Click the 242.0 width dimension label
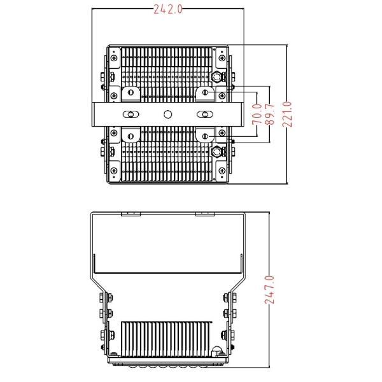(x=168, y=10)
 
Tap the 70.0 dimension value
(x=257, y=114)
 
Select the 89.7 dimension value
(x=269, y=114)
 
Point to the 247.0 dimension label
(x=269, y=290)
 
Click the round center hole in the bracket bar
(x=168, y=114)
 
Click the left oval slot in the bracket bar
(x=131, y=114)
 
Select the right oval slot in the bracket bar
(x=205, y=114)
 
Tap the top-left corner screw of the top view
(x=114, y=58)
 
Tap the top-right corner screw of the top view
(x=222, y=58)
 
